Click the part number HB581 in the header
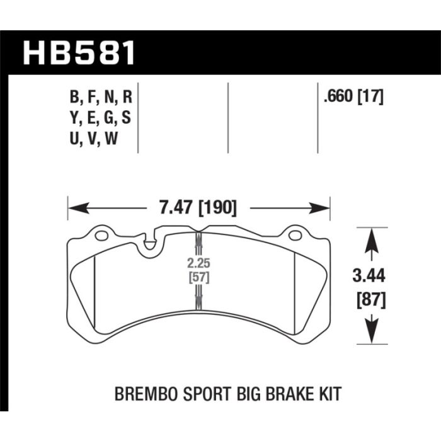(79, 53)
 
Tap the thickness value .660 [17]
(353, 97)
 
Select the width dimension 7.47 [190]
(198, 208)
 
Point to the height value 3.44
(369, 275)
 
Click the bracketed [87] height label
(371, 300)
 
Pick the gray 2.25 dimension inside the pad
(198, 263)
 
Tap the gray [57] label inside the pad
(199, 278)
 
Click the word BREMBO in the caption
(146, 394)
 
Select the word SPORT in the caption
(207, 394)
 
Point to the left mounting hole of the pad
(101, 236)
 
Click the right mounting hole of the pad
(295, 236)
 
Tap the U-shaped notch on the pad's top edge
(150, 241)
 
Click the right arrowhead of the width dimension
(319, 208)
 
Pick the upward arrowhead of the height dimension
(371, 239)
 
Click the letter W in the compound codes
(111, 139)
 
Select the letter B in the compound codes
(74, 97)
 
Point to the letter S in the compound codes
(126, 118)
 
